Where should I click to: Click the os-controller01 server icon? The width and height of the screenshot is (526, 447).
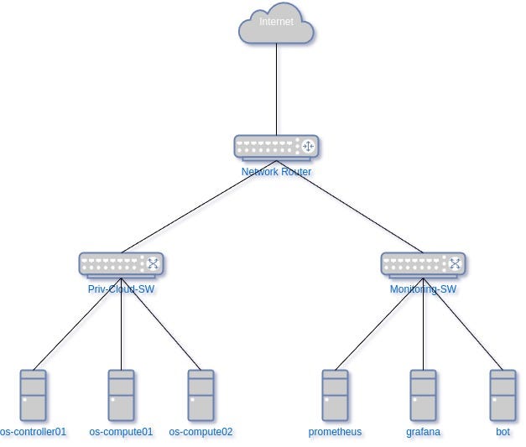(34, 395)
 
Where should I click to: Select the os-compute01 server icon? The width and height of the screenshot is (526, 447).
(121, 395)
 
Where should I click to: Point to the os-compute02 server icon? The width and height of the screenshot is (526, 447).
(201, 395)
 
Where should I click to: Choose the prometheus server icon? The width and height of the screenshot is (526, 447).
(335, 395)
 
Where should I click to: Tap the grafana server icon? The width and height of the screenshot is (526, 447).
(423, 395)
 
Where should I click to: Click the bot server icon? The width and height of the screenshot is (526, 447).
(503, 395)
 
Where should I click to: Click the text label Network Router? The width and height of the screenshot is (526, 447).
(276, 172)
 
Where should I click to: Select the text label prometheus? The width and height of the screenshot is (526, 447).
(335, 433)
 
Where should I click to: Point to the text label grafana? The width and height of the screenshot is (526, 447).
(423, 433)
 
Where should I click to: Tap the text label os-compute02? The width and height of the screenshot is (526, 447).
(201, 433)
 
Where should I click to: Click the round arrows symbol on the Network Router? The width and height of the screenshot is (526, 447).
(307, 147)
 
